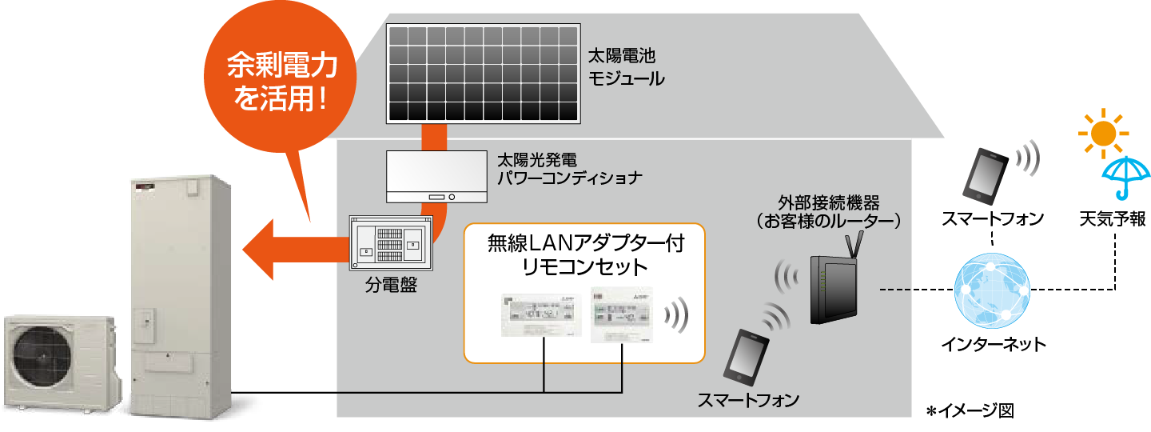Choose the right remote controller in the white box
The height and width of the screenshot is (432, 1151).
coord(621,314)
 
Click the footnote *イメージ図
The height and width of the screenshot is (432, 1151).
coord(969,411)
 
